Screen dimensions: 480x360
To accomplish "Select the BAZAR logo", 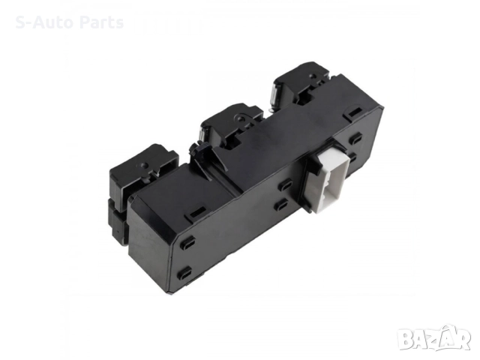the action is pyautogui.click(x=435, y=337).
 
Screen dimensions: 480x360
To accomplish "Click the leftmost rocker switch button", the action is pyautogui.click(x=144, y=172).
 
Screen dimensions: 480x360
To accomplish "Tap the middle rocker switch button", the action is pyautogui.click(x=231, y=125).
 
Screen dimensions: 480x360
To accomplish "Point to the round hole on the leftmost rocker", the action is pyautogui.click(x=145, y=165).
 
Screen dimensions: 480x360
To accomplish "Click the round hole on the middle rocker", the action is pyautogui.click(x=239, y=117).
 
